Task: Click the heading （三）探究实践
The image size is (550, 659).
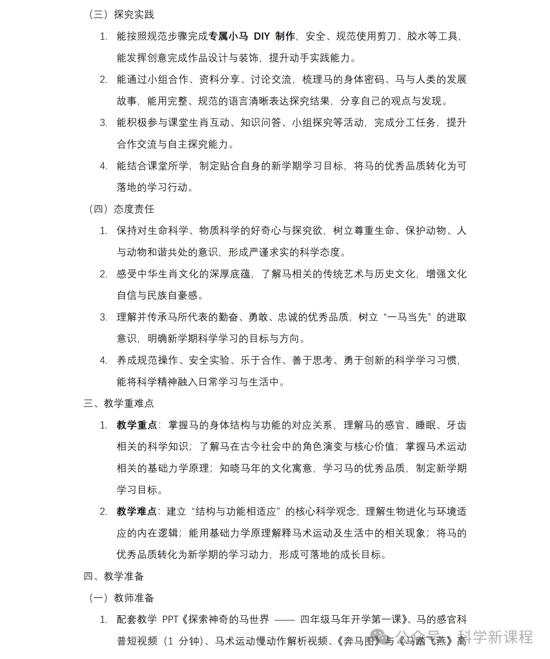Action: coord(121,14)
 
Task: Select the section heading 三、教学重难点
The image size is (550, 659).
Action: coord(119,403)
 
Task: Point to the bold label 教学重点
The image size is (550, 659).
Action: coord(136,425)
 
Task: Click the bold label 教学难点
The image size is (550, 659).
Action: coord(136,511)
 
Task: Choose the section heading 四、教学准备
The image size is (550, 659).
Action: coord(114,576)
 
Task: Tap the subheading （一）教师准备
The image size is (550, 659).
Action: coord(121,597)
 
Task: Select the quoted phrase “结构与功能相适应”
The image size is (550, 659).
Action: coord(236,511)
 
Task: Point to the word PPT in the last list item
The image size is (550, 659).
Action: coord(171,619)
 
